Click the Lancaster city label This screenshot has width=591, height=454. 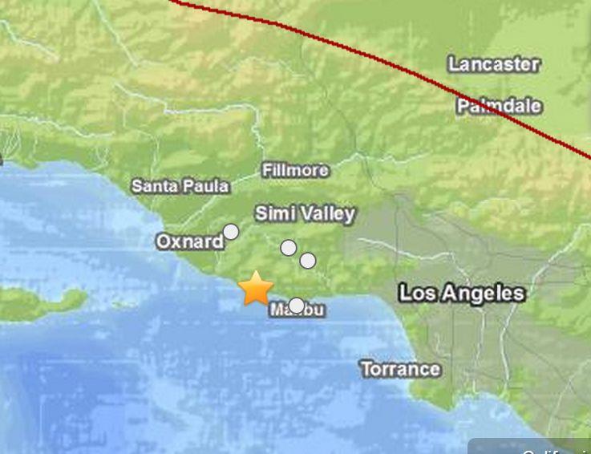pyautogui.click(x=493, y=64)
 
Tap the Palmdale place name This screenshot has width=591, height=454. pyautogui.click(x=499, y=106)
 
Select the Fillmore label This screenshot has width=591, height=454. pyautogui.click(x=295, y=170)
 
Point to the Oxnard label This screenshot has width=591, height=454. pyautogui.click(x=189, y=241)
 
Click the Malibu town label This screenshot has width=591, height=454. pyautogui.click(x=298, y=310)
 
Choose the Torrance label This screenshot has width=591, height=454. pyautogui.click(x=400, y=369)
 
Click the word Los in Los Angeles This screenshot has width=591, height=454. pyautogui.click(x=418, y=294)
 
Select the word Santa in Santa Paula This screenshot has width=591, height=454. pyautogui.click(x=155, y=186)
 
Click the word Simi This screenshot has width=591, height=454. pyautogui.click(x=273, y=213)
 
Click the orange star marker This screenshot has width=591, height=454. pyautogui.click(x=256, y=289)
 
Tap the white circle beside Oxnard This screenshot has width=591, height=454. pyautogui.click(x=231, y=232)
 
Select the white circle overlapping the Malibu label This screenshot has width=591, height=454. pyautogui.click(x=297, y=306)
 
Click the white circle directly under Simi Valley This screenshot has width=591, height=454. pyautogui.click(x=289, y=248)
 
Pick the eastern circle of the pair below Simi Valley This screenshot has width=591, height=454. pyautogui.click(x=308, y=261)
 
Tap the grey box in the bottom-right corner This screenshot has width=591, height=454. pyautogui.click(x=530, y=446)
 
